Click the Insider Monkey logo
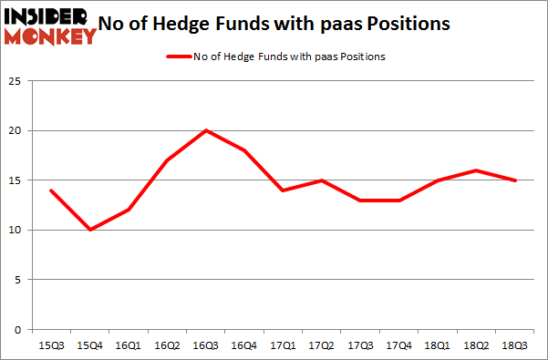50,26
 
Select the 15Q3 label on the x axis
52,345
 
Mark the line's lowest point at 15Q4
90,230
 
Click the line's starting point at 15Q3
52,190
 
